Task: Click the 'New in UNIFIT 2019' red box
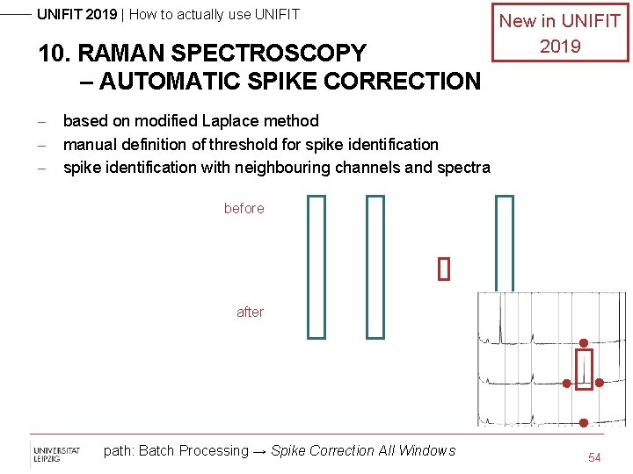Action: (560, 33)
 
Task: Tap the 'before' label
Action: (244, 208)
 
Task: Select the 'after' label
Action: (250, 312)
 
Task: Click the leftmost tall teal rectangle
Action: (316, 266)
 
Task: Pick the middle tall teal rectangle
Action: (375, 266)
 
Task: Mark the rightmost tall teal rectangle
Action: (505, 243)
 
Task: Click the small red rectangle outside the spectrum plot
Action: (444, 269)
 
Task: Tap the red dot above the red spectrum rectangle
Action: (583, 342)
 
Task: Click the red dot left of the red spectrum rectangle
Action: (567, 383)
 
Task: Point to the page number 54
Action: (594, 457)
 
